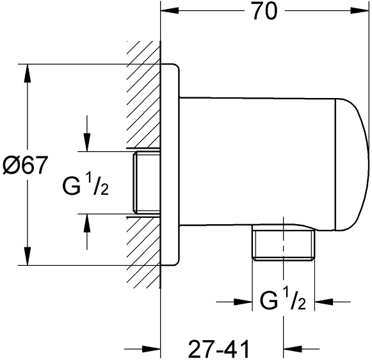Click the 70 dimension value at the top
(x=265, y=11)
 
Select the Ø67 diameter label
(x=25, y=165)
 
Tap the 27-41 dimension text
(x=219, y=348)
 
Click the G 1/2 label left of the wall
(x=86, y=184)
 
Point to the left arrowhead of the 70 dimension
(x=170, y=10)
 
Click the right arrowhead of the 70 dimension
(x=360, y=10)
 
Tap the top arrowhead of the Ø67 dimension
(x=28, y=73)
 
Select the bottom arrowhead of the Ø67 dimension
(x=28, y=256)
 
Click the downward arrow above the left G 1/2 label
(x=87, y=133)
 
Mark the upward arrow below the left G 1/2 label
(x=87, y=232)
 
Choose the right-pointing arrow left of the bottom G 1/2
(x=234, y=302)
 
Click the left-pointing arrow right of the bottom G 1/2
(x=332, y=302)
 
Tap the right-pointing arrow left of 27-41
(x=142, y=349)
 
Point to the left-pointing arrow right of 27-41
(x=302, y=349)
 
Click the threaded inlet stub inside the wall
(x=146, y=183)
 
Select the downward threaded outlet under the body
(x=283, y=243)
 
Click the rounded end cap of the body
(x=352, y=164)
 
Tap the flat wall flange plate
(x=170, y=165)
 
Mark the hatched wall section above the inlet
(x=144, y=95)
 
